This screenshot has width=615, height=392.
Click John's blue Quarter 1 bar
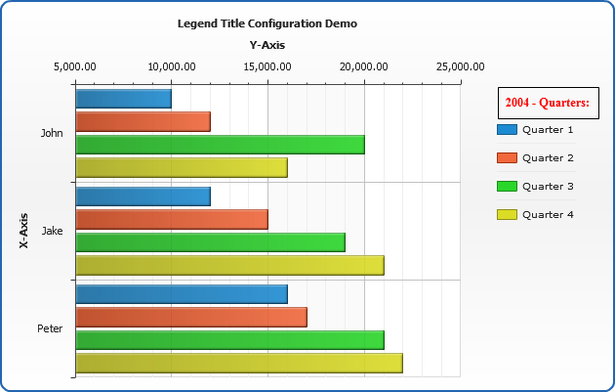click(x=123, y=99)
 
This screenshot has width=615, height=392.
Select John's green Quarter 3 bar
click(x=220, y=145)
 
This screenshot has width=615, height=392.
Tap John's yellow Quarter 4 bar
click(x=181, y=167)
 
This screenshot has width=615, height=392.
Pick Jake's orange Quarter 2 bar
click(x=171, y=219)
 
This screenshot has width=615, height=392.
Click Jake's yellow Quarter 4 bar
click(x=229, y=265)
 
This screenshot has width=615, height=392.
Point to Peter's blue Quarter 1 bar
click(x=181, y=294)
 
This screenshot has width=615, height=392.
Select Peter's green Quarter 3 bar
click(x=229, y=340)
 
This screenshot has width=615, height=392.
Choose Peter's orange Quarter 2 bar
click(x=190, y=317)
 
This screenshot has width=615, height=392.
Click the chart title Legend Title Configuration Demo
click(x=266, y=22)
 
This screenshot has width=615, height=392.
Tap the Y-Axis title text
click(x=267, y=44)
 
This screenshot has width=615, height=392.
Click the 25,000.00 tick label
click(x=460, y=66)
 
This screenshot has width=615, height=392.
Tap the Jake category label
click(x=54, y=231)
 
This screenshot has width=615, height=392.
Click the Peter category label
click(x=50, y=328)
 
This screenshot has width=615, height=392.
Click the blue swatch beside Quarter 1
click(x=506, y=129)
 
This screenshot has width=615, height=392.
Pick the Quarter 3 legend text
click(x=548, y=186)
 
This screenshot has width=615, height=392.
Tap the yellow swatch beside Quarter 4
click(x=506, y=214)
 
